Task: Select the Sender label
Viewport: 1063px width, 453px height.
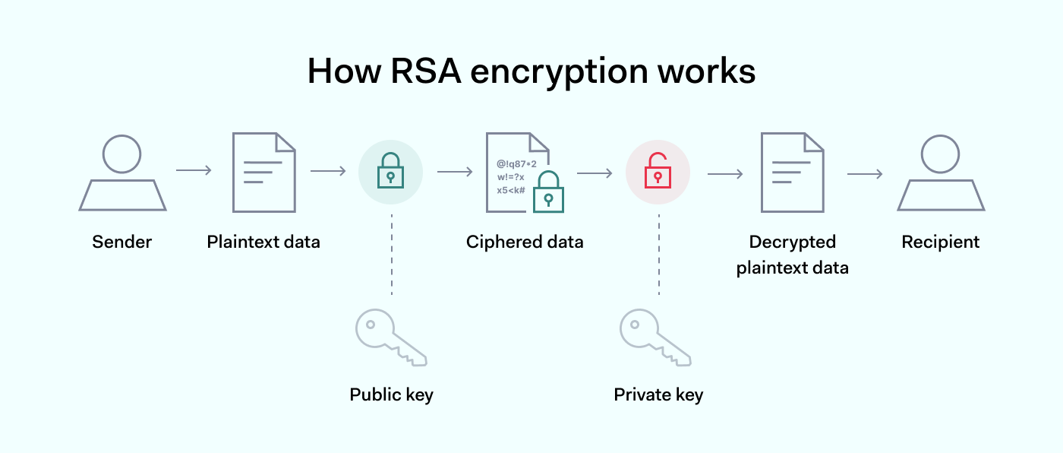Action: tap(122, 242)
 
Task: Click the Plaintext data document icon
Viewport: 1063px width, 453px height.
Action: tap(263, 173)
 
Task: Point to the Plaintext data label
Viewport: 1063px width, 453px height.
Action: tap(263, 242)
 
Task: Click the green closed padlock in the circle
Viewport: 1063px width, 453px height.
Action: tap(390, 171)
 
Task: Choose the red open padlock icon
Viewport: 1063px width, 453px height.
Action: tap(658, 171)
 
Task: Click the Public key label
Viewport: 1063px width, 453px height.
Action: tap(391, 395)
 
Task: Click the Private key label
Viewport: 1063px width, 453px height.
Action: tap(658, 395)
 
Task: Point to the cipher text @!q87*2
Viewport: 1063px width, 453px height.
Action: tap(516, 163)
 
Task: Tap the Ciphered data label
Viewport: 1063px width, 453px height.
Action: tap(525, 242)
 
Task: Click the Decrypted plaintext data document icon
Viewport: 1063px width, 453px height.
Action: tap(792, 173)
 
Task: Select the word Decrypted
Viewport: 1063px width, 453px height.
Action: tap(792, 242)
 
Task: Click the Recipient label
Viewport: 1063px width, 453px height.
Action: tap(941, 242)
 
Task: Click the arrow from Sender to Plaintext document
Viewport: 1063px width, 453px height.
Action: tap(194, 170)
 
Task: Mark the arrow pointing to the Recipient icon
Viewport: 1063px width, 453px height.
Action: tap(865, 174)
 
